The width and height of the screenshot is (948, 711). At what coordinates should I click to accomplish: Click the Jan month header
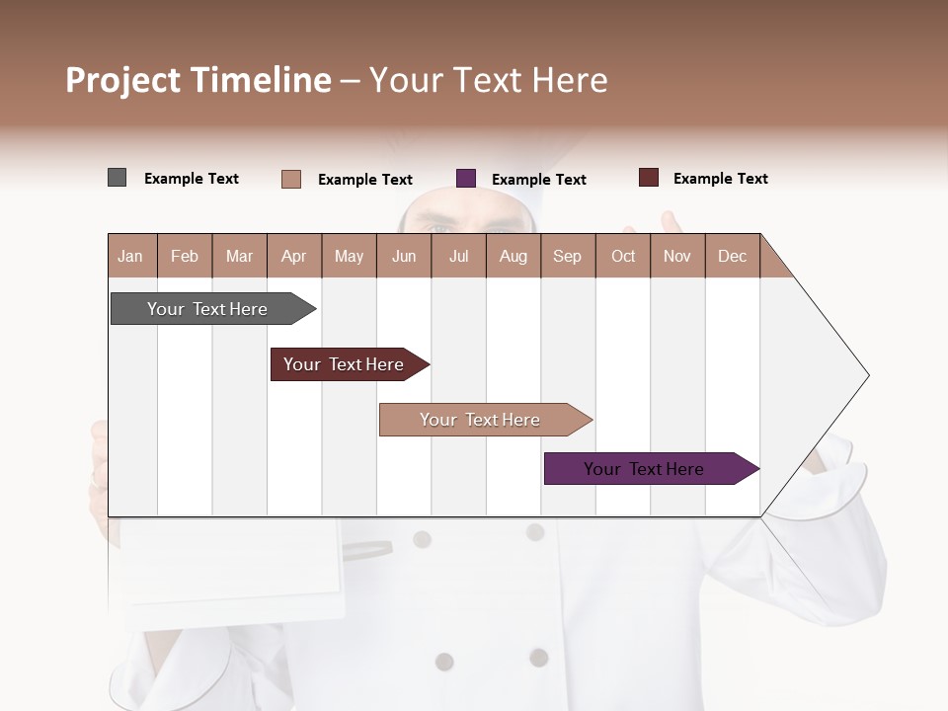coord(130,257)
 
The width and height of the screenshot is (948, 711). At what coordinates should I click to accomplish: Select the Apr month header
coord(294,257)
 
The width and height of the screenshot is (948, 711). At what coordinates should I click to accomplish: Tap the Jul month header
coord(458,257)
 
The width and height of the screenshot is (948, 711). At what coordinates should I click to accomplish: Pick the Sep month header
coord(567,257)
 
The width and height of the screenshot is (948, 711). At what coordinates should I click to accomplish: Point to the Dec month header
coord(732,257)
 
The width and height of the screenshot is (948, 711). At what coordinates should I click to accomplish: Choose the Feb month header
coord(185,257)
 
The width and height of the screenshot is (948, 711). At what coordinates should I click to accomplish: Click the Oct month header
coord(623,257)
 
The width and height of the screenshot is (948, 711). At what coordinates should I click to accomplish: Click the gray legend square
coord(118,178)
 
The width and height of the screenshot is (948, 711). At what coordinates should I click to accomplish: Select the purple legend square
coord(466,179)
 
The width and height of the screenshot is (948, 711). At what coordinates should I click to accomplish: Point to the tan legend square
coord(291,179)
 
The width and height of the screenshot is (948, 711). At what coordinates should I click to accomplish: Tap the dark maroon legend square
coord(649,178)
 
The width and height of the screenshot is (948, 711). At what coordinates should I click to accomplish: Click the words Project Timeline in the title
coord(198,80)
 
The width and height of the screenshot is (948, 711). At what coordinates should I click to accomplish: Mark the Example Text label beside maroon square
coord(720,179)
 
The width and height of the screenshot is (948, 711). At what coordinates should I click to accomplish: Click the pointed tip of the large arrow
coord(866,375)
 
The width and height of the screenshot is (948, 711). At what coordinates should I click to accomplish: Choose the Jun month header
coord(404,257)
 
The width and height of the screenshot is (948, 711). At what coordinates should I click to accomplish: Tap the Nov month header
coord(677,257)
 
